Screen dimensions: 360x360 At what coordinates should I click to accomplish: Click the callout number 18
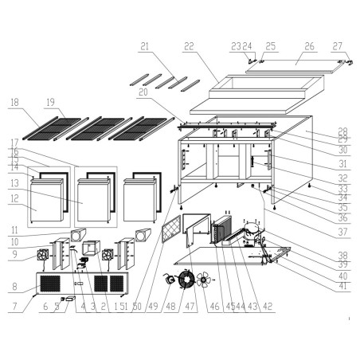[x=14, y=102]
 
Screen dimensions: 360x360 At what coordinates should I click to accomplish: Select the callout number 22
[x=189, y=47]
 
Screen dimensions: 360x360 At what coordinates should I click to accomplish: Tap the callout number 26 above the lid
[x=308, y=46]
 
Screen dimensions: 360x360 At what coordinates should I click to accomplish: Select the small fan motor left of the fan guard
[x=169, y=280]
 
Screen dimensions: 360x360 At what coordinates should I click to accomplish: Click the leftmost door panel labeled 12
[x=45, y=203]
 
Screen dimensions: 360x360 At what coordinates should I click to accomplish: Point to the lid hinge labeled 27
[x=343, y=61]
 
